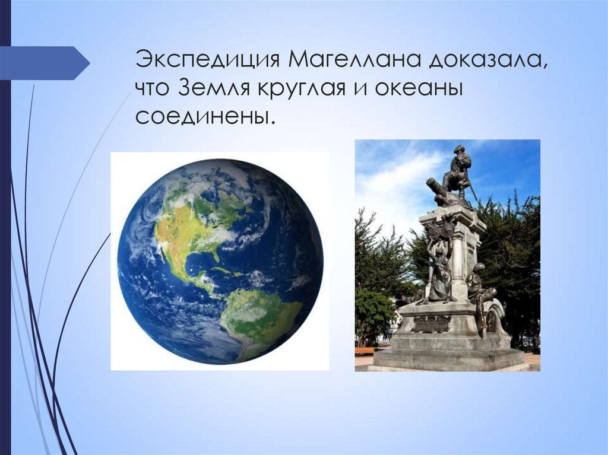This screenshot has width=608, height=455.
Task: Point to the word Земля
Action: pos(214,89)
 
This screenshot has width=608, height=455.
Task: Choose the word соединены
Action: pos(205,116)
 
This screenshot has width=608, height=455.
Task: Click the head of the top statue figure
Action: pos(459,150)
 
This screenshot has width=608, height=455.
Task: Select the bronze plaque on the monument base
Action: pos(432,323)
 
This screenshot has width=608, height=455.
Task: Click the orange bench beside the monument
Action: pos(364,350)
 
